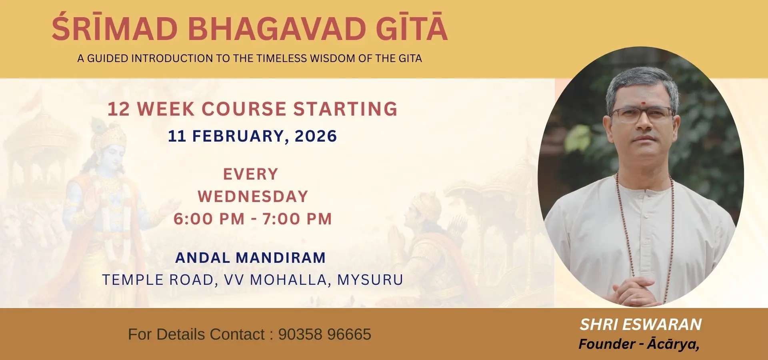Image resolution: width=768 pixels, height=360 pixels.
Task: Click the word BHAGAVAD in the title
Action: click(x=277, y=29)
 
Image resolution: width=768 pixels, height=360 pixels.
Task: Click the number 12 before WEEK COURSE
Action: click(x=119, y=109)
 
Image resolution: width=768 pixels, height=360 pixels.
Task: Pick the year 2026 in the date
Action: click(x=316, y=136)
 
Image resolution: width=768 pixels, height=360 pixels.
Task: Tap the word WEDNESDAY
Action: click(x=253, y=196)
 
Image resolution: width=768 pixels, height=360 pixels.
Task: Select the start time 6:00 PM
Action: click(x=209, y=219)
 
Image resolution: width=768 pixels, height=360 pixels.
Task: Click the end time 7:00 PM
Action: click(x=297, y=219)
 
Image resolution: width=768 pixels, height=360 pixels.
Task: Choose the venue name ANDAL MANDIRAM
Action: click(x=250, y=258)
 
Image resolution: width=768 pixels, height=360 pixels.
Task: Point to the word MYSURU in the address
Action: click(x=370, y=280)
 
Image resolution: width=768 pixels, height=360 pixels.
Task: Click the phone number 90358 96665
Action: click(x=325, y=334)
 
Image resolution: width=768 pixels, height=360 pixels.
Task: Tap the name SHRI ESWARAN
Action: click(x=641, y=324)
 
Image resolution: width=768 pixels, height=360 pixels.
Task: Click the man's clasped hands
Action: click(x=636, y=291)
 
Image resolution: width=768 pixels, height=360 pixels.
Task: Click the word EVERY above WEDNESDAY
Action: click(x=250, y=174)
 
